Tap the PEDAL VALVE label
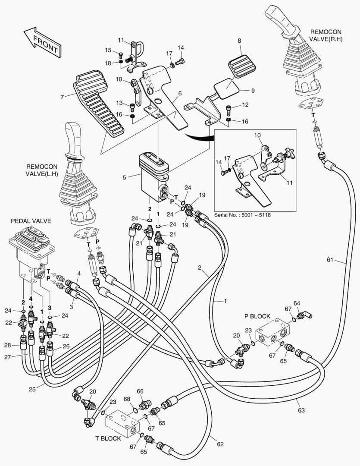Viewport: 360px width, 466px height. (31, 221)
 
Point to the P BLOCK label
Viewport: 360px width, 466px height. (258, 316)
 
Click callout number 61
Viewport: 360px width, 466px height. (330, 259)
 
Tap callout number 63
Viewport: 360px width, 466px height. (301, 410)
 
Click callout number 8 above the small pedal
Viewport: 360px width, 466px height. (239, 41)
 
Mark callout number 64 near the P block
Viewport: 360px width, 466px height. (296, 303)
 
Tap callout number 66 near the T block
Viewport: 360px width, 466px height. (140, 391)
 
